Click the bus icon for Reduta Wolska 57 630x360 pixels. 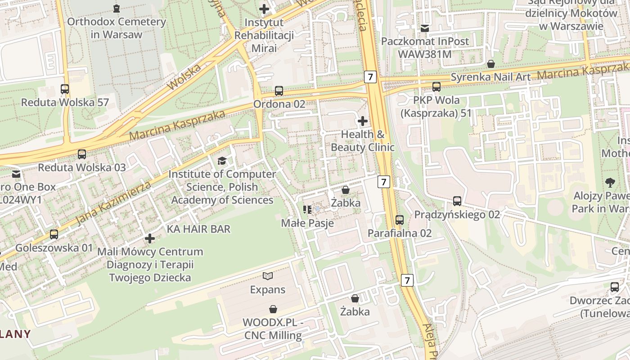pyautogui.click(x=65, y=89)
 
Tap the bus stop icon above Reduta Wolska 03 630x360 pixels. pyautogui.click(x=81, y=154)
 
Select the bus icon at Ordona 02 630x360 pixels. pyautogui.click(x=279, y=91)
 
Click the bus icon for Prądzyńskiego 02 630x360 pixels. pyautogui.click(x=457, y=201)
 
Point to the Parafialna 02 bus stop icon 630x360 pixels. pyautogui.click(x=400, y=220)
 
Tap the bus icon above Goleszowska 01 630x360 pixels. pyautogui.click(x=54, y=234)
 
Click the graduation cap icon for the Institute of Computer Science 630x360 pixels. pyautogui.click(x=222, y=161)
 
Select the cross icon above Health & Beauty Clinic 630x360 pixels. pyautogui.click(x=363, y=121)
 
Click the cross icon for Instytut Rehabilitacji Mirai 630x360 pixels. pyautogui.click(x=264, y=9)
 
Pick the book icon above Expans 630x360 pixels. pyautogui.click(x=268, y=276)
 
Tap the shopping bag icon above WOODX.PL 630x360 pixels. pyautogui.click(x=273, y=309)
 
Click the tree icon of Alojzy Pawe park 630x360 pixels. pyautogui.click(x=610, y=183)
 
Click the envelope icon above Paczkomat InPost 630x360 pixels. pyautogui.click(x=425, y=28)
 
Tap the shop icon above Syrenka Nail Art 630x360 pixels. pyautogui.click(x=491, y=64)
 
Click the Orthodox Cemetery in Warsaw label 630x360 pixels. pyautogui.click(x=117, y=28)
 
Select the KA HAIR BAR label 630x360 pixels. pyautogui.click(x=198, y=229)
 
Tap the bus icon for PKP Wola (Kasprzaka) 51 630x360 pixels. pyautogui.click(x=436, y=86)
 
